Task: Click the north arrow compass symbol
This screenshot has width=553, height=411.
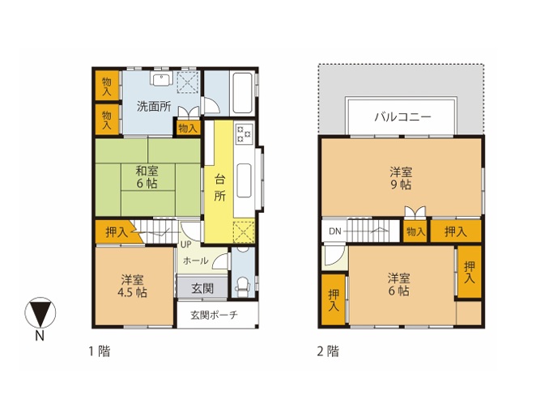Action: (40, 312)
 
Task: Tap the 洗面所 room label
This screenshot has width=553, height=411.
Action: (154, 106)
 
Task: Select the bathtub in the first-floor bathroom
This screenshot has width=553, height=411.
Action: (242, 93)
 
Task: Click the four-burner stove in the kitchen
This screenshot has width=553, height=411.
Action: (244, 133)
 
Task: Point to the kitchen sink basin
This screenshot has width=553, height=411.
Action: (244, 180)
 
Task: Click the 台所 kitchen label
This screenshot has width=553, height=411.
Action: (219, 187)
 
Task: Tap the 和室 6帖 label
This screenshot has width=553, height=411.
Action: (147, 177)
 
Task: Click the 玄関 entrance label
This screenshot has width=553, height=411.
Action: (202, 288)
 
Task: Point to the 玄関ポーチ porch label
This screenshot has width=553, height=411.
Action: (214, 315)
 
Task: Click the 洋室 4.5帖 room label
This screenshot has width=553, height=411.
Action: (132, 286)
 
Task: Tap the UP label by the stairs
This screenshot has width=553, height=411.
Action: (186, 244)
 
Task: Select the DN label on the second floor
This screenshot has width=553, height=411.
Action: (334, 231)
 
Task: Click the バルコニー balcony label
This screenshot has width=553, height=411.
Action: (402, 117)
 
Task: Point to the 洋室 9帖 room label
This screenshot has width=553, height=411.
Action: (401, 178)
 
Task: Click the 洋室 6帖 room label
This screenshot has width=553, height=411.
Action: (399, 285)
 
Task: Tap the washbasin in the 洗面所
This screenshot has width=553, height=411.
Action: (162, 78)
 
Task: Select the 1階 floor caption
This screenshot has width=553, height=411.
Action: (100, 351)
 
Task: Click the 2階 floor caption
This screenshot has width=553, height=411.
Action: (328, 351)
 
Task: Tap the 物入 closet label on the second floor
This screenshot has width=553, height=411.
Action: (415, 231)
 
